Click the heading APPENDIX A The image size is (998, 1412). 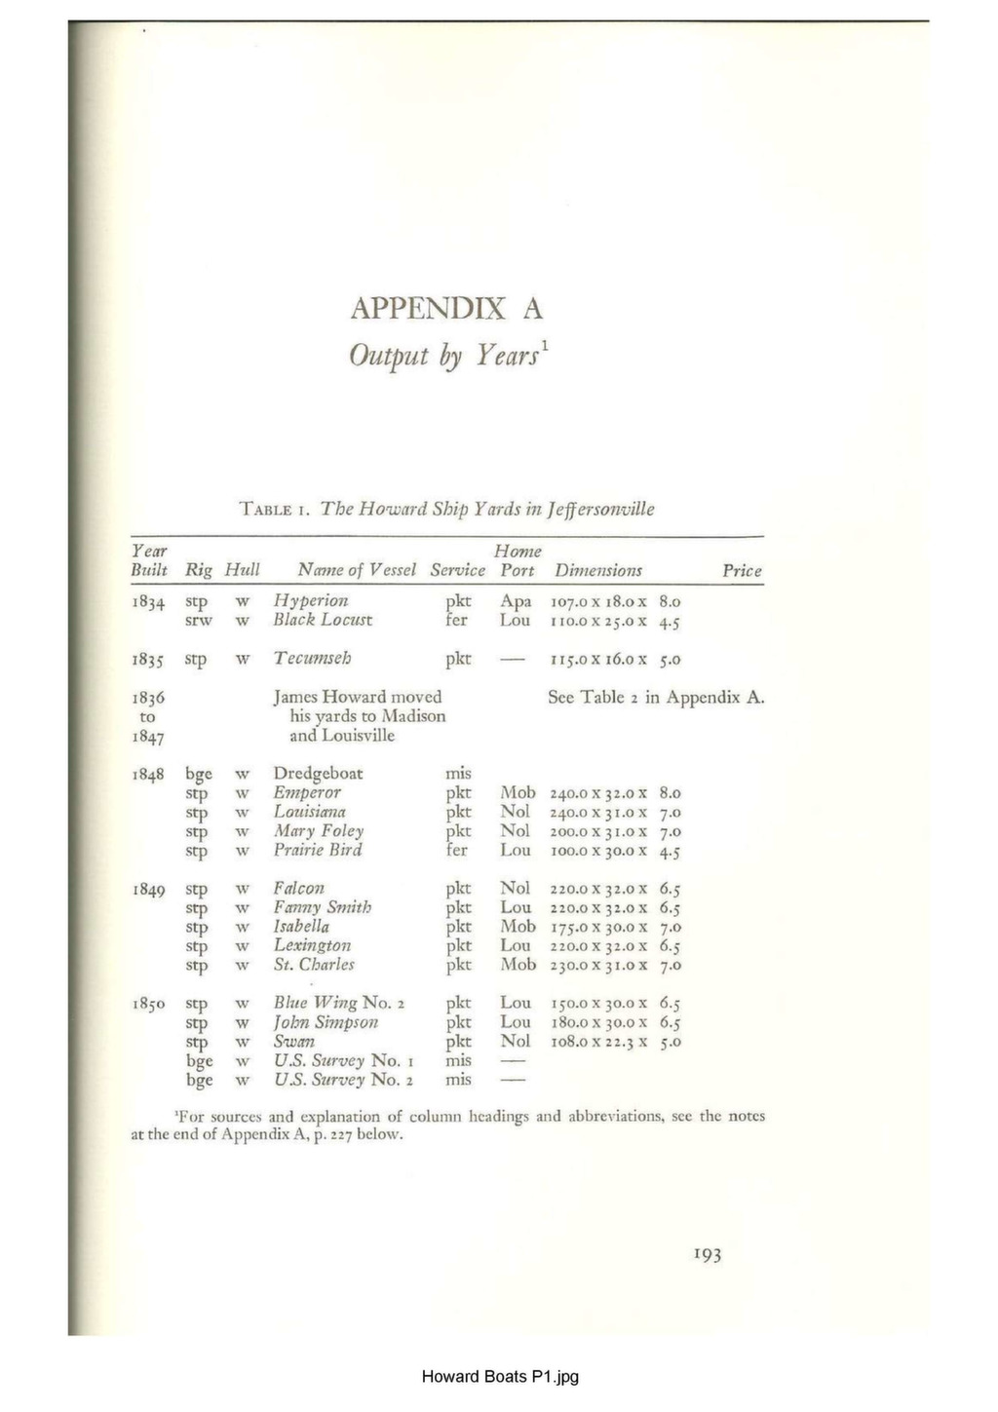click(446, 309)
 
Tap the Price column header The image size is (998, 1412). click(742, 571)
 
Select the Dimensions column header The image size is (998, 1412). click(597, 571)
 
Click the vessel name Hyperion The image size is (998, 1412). click(310, 600)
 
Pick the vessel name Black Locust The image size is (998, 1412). click(322, 620)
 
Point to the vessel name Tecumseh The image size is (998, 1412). click(312, 659)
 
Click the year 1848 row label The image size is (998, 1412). click(148, 775)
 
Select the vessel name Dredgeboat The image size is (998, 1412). click(318, 774)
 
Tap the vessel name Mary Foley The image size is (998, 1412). click(318, 831)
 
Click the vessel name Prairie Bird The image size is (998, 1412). click(317, 850)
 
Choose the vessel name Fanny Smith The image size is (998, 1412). click(322, 907)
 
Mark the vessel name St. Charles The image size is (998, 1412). click(313, 965)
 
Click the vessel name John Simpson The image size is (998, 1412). click(325, 1022)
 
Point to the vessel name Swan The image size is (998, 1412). click(293, 1041)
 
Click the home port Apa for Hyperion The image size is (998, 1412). click(516, 601)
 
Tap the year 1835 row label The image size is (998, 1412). click(148, 660)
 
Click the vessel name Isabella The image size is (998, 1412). click(301, 927)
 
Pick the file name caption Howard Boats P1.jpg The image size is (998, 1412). click(499, 1376)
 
